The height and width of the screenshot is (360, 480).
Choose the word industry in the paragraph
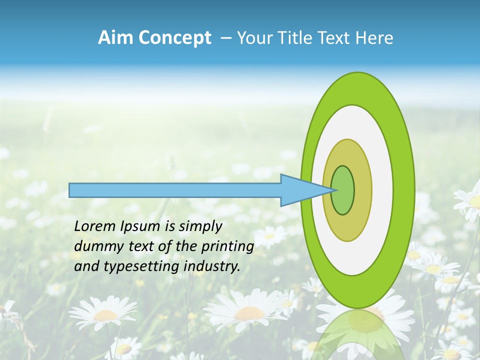[x=212, y=266]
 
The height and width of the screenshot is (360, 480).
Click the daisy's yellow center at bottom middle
[x=249, y=313]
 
